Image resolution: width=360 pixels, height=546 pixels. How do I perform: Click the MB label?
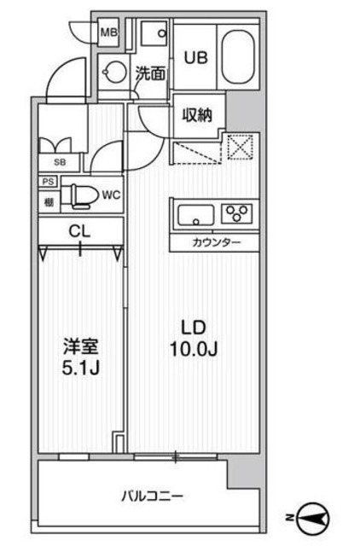[x=108, y=33]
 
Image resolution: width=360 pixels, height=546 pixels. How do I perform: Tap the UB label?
[x=195, y=58]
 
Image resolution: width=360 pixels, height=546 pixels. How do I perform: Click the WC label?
[x=111, y=195]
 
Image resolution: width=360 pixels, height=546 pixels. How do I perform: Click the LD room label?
[x=193, y=326]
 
